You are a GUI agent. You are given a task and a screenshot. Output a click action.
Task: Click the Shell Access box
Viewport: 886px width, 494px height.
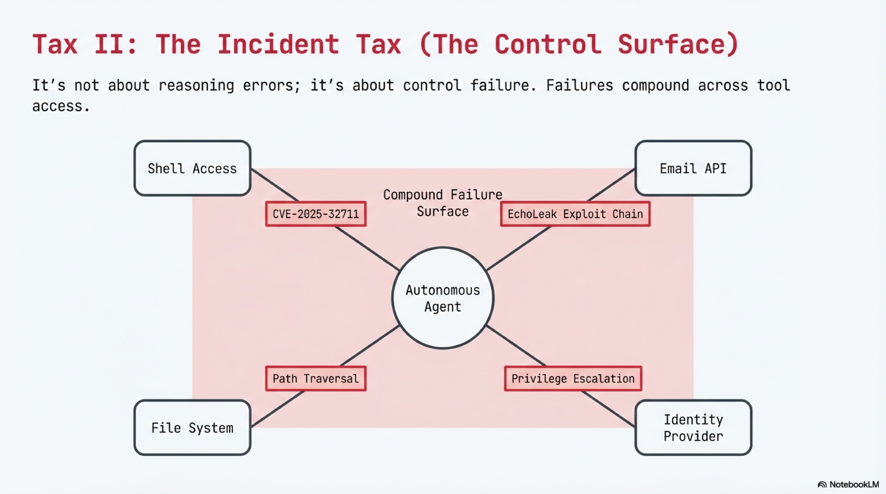[x=192, y=168]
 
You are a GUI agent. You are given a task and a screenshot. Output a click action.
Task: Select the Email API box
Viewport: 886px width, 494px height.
[x=693, y=168]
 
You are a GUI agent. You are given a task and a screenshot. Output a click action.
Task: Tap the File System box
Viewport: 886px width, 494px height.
[x=192, y=428]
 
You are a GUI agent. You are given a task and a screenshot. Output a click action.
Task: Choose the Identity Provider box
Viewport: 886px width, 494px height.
[x=693, y=428]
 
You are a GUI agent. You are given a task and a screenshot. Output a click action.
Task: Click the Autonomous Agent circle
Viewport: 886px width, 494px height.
[x=443, y=298]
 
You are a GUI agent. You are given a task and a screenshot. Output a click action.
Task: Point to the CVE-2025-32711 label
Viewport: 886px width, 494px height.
[x=316, y=214]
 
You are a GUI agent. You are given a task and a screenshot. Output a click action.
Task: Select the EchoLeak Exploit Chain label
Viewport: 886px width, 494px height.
[x=575, y=214]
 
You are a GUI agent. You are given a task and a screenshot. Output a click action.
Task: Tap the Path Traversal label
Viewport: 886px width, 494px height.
[x=316, y=379]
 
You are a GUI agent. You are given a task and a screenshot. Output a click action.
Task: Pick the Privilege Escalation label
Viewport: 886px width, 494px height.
[x=573, y=379]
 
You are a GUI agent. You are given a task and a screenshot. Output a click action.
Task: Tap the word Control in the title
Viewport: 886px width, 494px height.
[x=548, y=45]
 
